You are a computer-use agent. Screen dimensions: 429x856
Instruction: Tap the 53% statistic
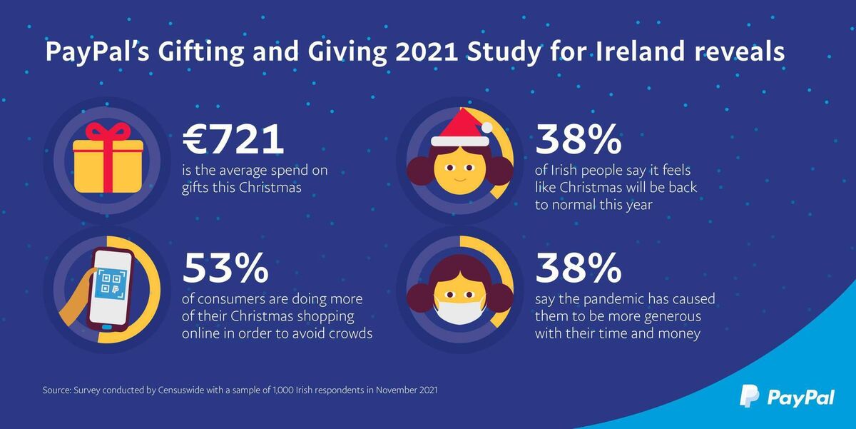226,268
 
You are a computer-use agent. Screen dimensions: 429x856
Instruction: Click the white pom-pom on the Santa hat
487,128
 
